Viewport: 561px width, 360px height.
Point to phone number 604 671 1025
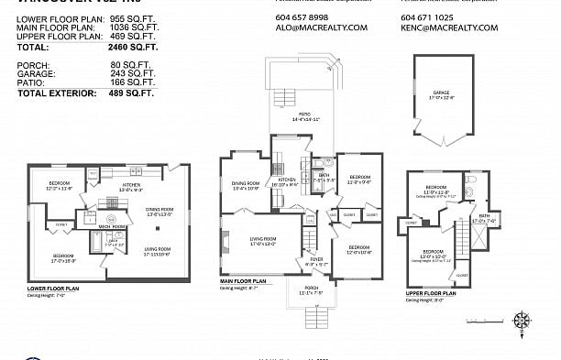click(427, 17)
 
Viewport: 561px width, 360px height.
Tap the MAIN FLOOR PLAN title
click(243, 281)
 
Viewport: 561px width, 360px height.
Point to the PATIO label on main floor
click(292, 115)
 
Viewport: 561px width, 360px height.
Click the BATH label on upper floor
click(483, 216)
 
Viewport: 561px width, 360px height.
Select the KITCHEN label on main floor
click(287, 180)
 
